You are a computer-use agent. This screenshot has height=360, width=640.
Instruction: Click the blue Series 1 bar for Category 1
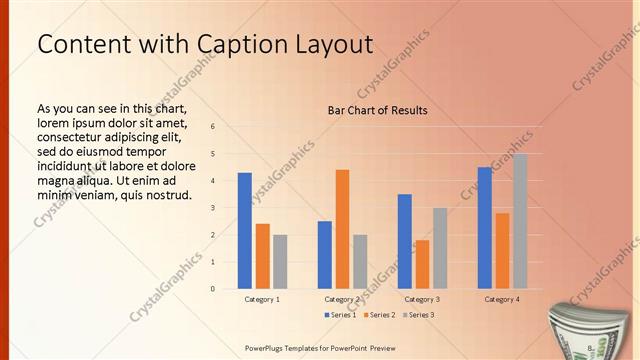click(244, 231)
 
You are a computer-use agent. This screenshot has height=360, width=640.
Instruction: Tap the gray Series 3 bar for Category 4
click(519, 221)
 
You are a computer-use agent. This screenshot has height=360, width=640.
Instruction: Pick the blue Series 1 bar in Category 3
click(404, 241)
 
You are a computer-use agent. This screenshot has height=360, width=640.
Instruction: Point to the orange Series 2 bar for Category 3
click(422, 264)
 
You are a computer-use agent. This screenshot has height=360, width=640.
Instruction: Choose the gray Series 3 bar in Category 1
click(280, 261)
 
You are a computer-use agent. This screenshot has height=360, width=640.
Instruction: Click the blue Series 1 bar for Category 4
click(484, 228)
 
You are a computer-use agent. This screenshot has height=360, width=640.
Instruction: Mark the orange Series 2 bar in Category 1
click(262, 256)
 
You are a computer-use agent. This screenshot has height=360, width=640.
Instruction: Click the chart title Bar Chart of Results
click(377, 110)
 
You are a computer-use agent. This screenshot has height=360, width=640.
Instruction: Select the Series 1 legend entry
click(340, 315)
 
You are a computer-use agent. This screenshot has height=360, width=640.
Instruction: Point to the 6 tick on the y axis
click(213, 127)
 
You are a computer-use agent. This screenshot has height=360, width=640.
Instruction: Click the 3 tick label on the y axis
click(213, 208)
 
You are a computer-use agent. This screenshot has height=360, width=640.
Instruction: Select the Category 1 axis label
click(262, 299)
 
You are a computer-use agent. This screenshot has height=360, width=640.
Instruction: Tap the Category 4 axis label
click(502, 299)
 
